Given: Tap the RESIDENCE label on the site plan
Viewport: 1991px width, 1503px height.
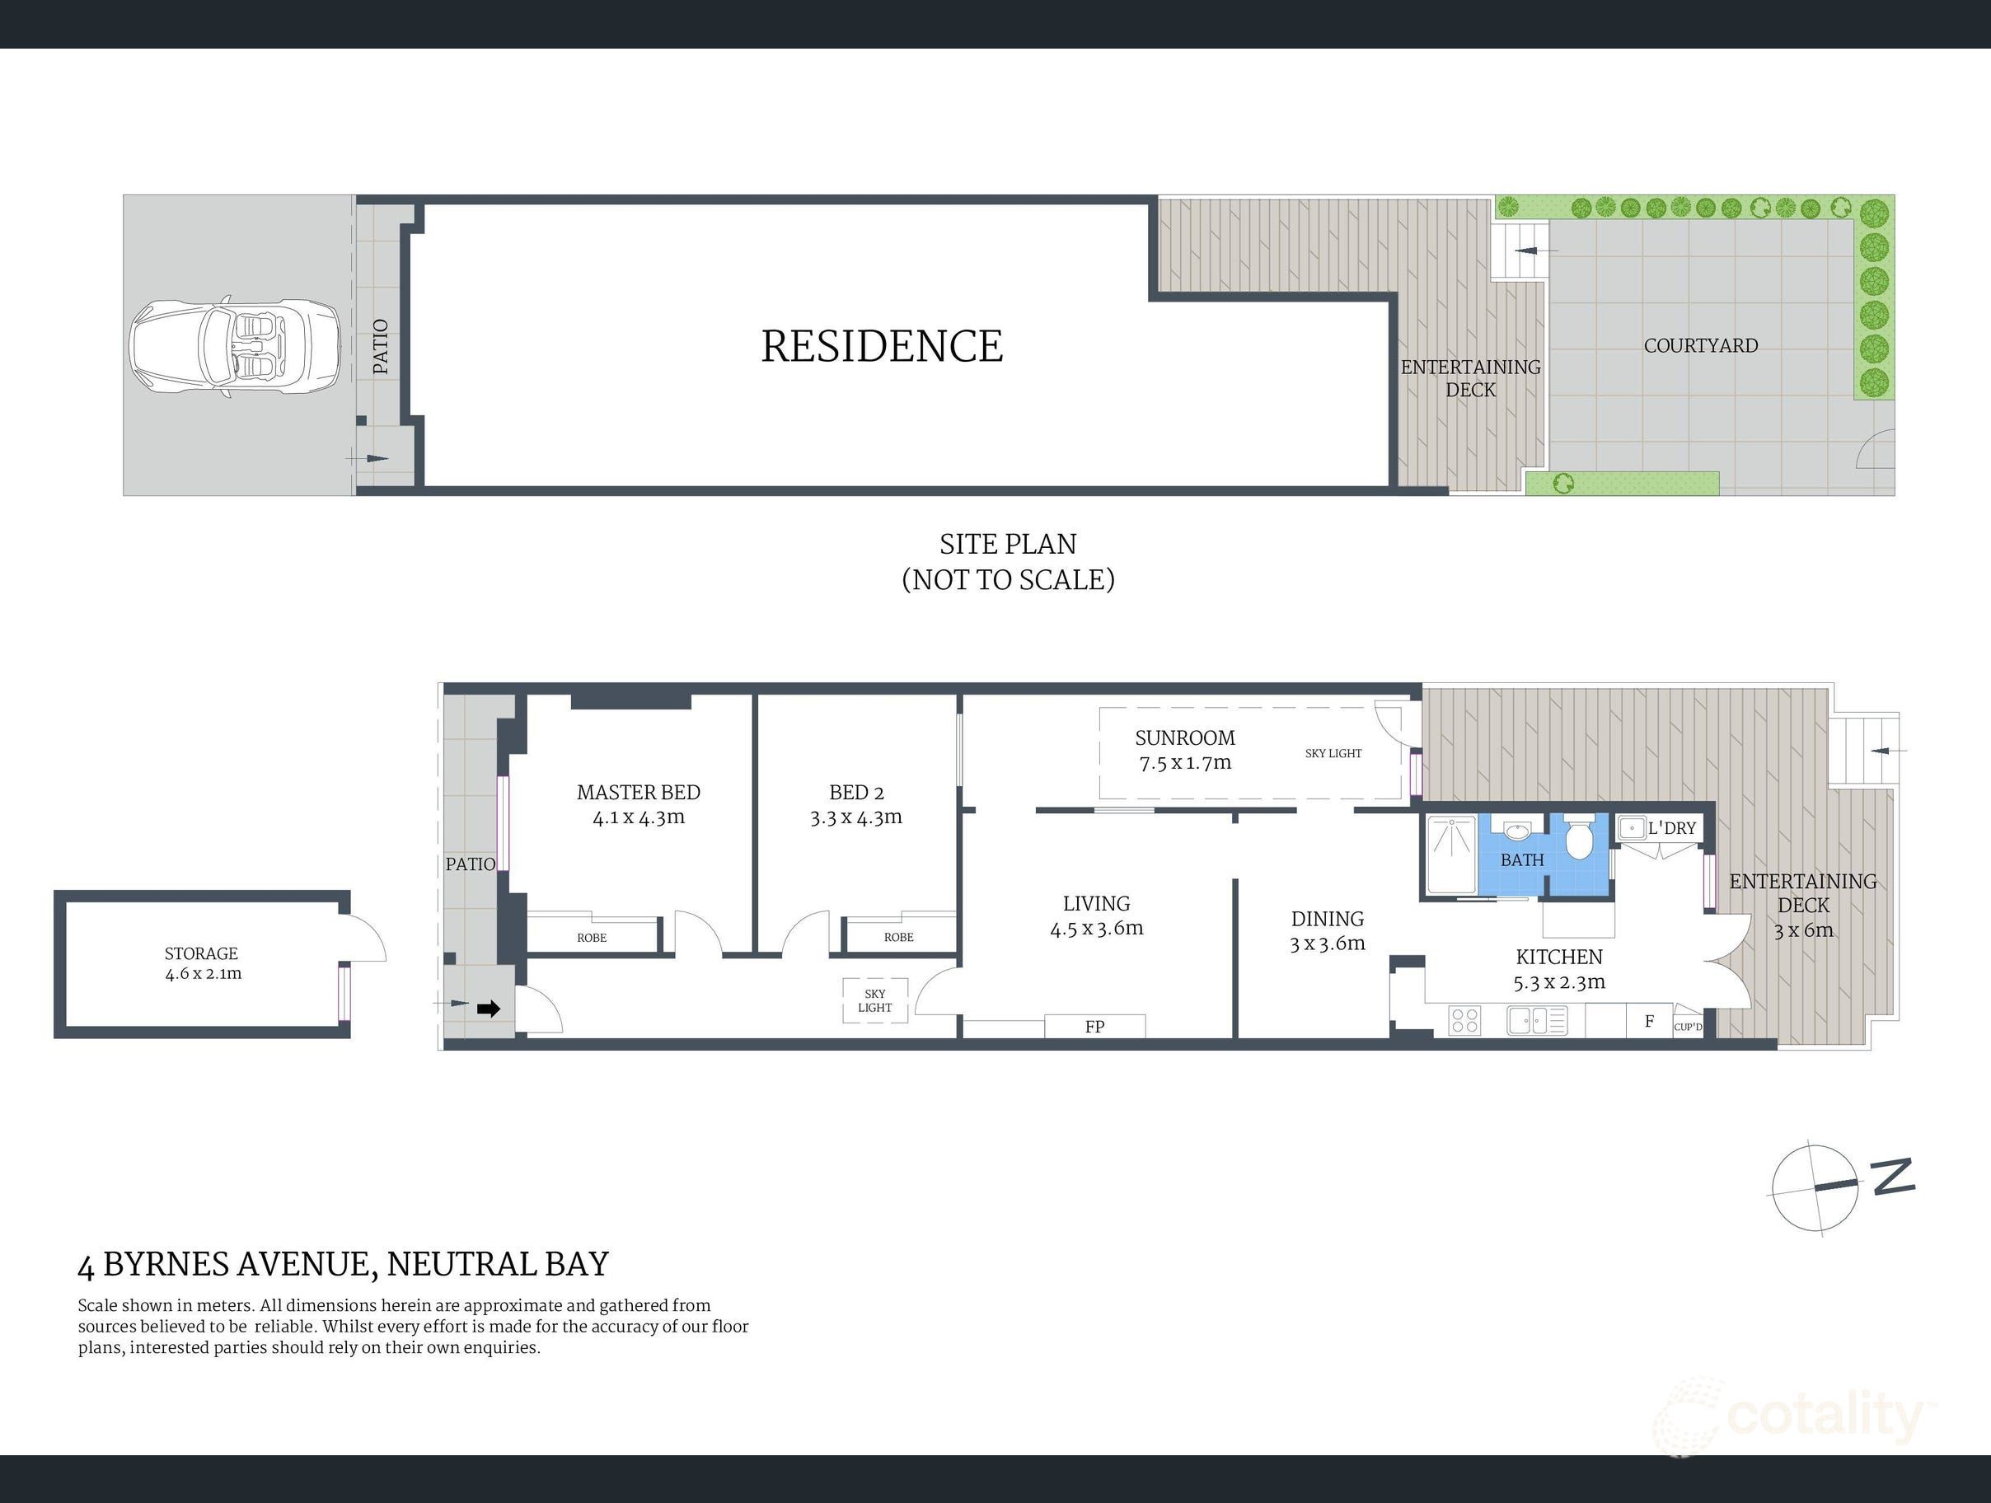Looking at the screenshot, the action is pyautogui.click(x=882, y=347).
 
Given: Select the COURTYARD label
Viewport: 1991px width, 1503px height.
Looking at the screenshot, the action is pyautogui.click(x=1700, y=345).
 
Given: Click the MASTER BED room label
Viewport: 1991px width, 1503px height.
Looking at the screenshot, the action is pyautogui.click(x=638, y=792).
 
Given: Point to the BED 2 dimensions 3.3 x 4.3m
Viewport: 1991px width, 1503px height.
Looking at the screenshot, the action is pyautogui.click(x=856, y=817).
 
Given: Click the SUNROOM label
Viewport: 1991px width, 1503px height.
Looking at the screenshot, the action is pyautogui.click(x=1184, y=738).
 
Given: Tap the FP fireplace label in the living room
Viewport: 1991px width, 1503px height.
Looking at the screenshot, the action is pyautogui.click(x=1094, y=1026).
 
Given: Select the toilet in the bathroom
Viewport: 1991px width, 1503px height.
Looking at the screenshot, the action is pyautogui.click(x=1578, y=838).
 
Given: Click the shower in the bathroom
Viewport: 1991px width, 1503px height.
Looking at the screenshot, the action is pyautogui.click(x=1451, y=855).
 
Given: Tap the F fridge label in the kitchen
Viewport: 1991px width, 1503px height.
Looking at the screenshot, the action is pyautogui.click(x=1650, y=1022).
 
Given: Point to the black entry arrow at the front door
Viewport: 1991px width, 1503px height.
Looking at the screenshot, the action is pyautogui.click(x=489, y=1009).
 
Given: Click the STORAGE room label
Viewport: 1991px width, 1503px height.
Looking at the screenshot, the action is pyautogui.click(x=201, y=953).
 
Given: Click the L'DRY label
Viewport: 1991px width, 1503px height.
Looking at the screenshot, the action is pyautogui.click(x=1671, y=828).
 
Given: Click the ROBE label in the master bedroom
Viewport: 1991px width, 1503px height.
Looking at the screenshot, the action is pyautogui.click(x=592, y=938).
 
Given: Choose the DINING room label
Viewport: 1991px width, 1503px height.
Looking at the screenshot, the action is pyautogui.click(x=1328, y=919).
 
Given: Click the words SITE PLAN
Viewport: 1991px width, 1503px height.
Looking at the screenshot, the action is pyautogui.click(x=1008, y=545).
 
